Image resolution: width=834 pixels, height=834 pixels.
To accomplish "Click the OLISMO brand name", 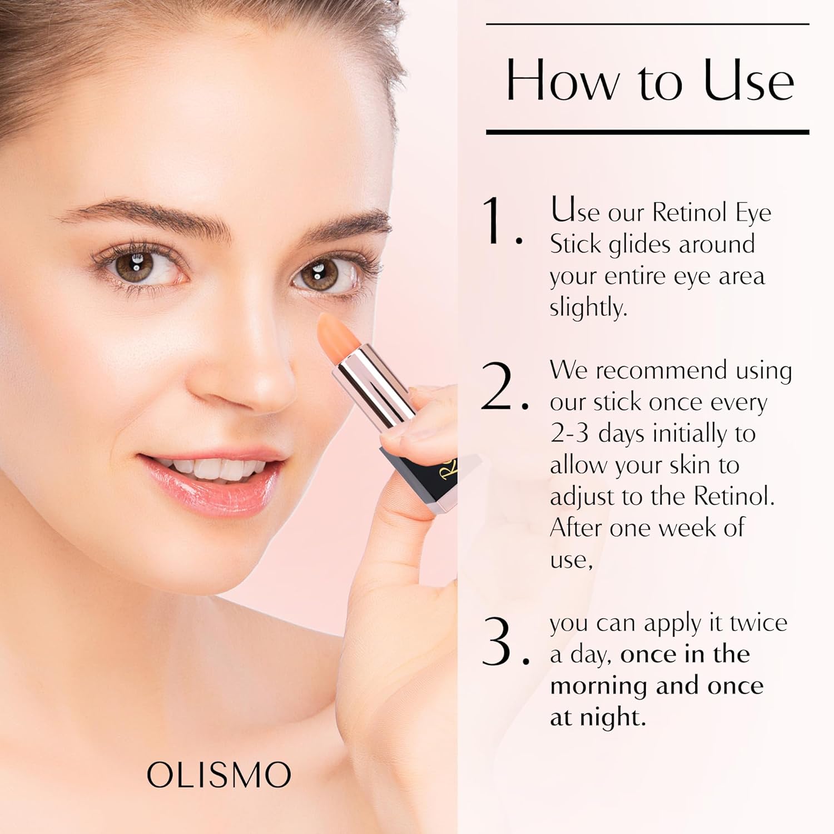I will [219, 775].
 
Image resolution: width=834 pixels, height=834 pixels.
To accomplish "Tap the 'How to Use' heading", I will [649, 81].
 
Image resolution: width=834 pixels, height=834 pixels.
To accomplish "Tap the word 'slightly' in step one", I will [587, 307].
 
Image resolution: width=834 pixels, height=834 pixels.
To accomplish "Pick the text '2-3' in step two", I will [569, 434].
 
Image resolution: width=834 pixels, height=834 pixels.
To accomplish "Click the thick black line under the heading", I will [647, 132].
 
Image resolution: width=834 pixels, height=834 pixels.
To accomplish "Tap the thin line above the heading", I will [647, 24].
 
